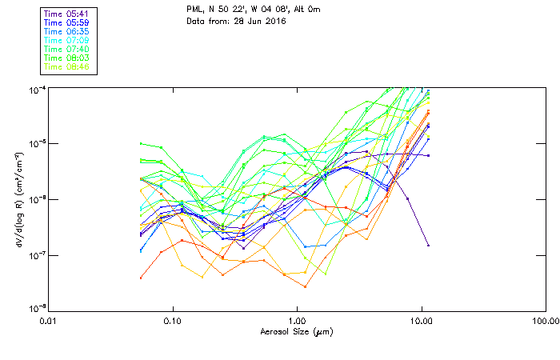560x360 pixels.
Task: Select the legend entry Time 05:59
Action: click(x=67, y=23)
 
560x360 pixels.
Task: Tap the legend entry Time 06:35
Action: click(x=67, y=31)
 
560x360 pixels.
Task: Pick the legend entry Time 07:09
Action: click(x=67, y=40)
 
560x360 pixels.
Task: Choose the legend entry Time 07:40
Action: click(x=67, y=49)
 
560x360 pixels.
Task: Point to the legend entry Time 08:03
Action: click(x=67, y=58)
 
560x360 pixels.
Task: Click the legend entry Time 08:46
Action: click(x=67, y=66)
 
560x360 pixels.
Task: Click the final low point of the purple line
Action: click(x=428, y=245)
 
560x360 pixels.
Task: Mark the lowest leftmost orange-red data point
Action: click(x=141, y=278)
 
